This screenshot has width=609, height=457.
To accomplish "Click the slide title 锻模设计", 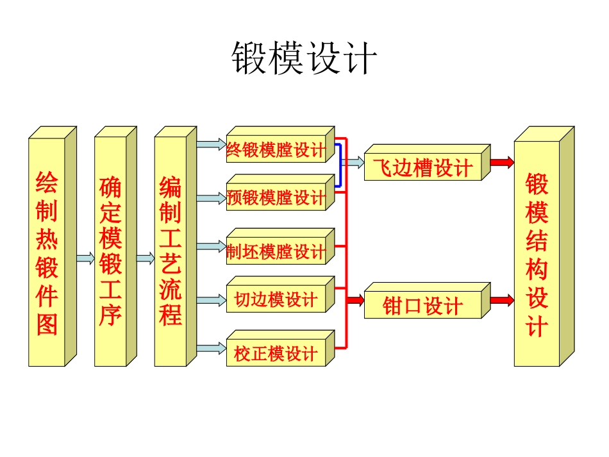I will pyautogui.click(x=304, y=60).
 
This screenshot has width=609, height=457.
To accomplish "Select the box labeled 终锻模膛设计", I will pyautogui.click(x=276, y=150).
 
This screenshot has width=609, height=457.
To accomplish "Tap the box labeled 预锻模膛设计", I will pyautogui.click(x=276, y=197).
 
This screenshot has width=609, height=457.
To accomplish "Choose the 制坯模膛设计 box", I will pyautogui.click(x=276, y=251).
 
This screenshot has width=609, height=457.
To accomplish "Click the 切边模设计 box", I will pyautogui.click(x=276, y=299).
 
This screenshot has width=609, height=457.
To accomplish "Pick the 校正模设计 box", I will pyautogui.click(x=276, y=353).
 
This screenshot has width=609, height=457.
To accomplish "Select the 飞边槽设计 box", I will pyautogui.click(x=422, y=168).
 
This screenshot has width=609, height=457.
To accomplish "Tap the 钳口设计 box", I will pyautogui.click(x=422, y=306).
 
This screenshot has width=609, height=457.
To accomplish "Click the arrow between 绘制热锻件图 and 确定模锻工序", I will pyautogui.click(x=85, y=258).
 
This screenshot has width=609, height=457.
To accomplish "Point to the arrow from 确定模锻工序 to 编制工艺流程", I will pyautogui.click(x=145, y=258).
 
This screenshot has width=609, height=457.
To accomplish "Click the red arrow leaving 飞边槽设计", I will pyautogui.click(x=502, y=162).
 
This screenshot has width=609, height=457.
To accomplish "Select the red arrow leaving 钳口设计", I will pyautogui.click(x=502, y=299).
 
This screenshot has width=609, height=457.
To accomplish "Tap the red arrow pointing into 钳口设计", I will pyautogui.click(x=355, y=299).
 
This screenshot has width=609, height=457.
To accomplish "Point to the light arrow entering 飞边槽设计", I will pyautogui.click(x=353, y=162).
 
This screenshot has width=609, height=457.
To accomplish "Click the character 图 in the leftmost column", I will pyautogui.click(x=47, y=324).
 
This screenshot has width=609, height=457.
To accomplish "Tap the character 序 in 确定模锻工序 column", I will pyautogui.click(x=110, y=315).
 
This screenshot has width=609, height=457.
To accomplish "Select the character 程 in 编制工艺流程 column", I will pyautogui.click(x=171, y=314).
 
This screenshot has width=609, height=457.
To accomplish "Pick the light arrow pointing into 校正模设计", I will pyautogui.click(x=211, y=349).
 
